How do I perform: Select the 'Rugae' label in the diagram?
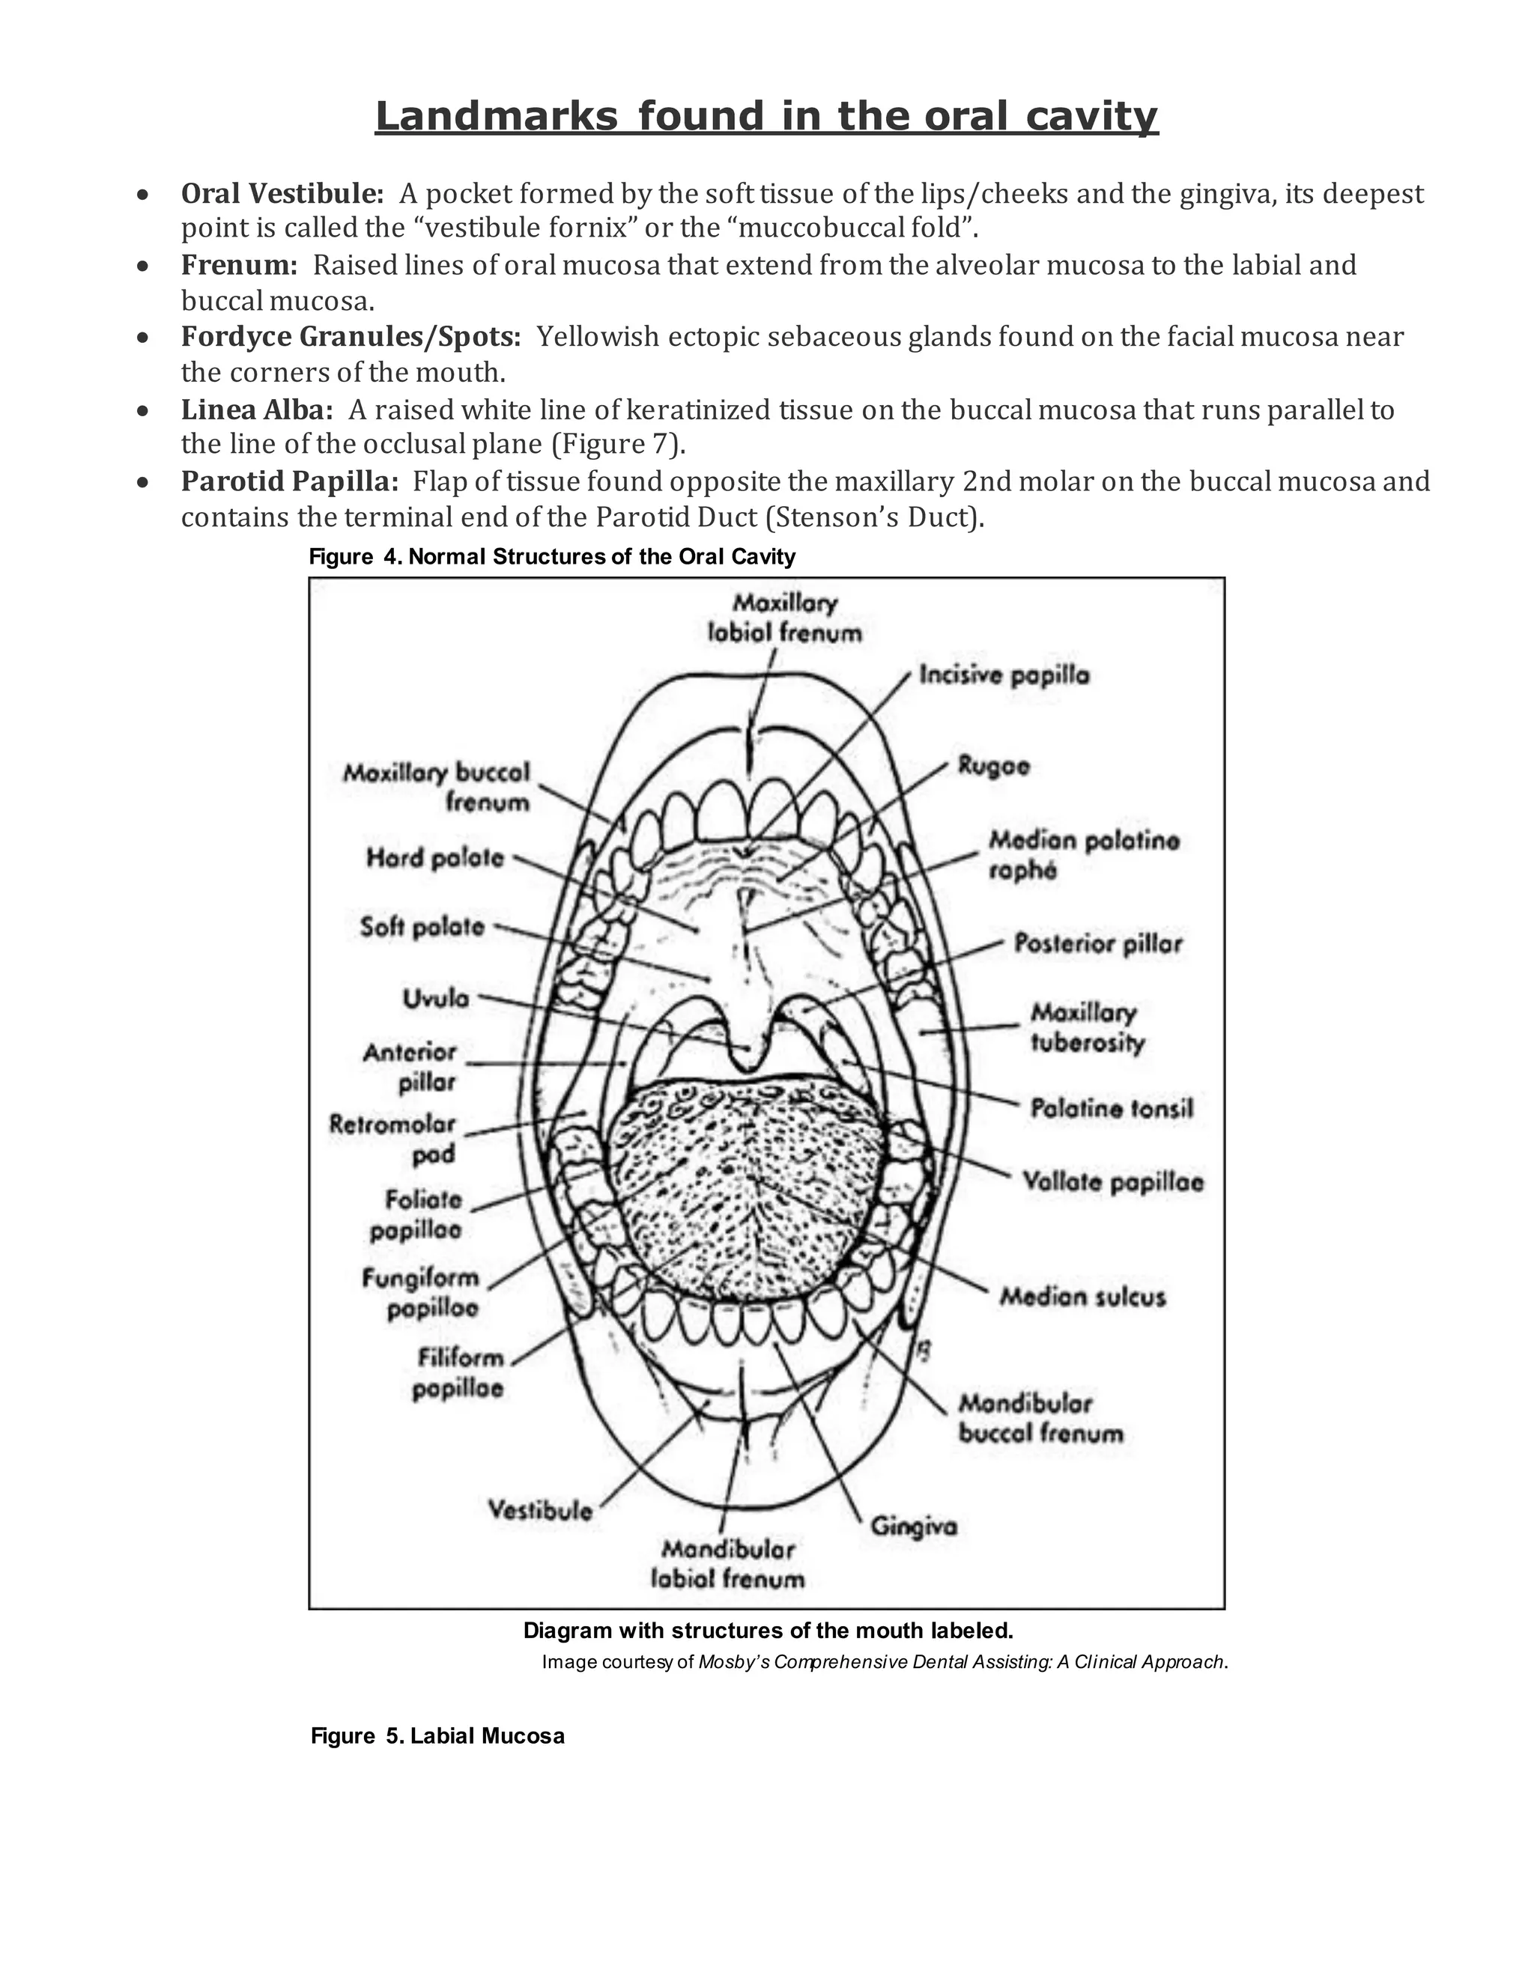coord(993,766)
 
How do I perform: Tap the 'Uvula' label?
coord(435,998)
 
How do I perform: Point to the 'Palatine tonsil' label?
coord(1111,1108)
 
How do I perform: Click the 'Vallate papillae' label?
coord(1112,1182)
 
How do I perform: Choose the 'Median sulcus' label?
coord(1082,1296)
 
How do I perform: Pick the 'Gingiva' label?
coord(913,1526)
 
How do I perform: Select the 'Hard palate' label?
coord(434,857)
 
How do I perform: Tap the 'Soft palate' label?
coord(422,927)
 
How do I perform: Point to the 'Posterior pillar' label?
coord(1098,944)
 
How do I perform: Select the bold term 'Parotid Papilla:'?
coord(289,481)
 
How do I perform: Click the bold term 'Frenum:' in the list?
coord(239,265)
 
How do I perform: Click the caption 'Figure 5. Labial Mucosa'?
coord(437,1736)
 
